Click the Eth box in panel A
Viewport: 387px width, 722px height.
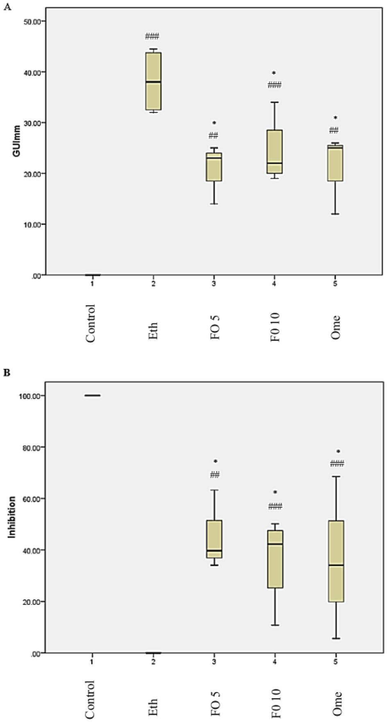[x=153, y=81]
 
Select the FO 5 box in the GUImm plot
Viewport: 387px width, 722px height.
[x=214, y=167]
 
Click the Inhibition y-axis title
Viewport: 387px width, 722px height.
[x=12, y=517]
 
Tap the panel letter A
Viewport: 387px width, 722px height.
[x=6, y=8]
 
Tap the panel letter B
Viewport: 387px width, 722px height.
[x=6, y=372]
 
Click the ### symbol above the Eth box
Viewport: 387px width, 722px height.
[x=153, y=37]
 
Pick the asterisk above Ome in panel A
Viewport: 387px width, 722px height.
[x=335, y=118]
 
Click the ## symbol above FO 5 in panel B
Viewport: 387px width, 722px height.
[x=214, y=475]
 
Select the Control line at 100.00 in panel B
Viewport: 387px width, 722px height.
[x=92, y=396]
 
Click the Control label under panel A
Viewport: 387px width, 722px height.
[x=91, y=323]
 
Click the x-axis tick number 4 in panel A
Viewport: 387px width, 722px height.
[x=274, y=284]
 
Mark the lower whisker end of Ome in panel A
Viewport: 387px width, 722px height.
[x=335, y=214]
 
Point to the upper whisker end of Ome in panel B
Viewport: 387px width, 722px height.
[x=336, y=477]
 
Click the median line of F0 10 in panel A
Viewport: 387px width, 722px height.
[x=275, y=163]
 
